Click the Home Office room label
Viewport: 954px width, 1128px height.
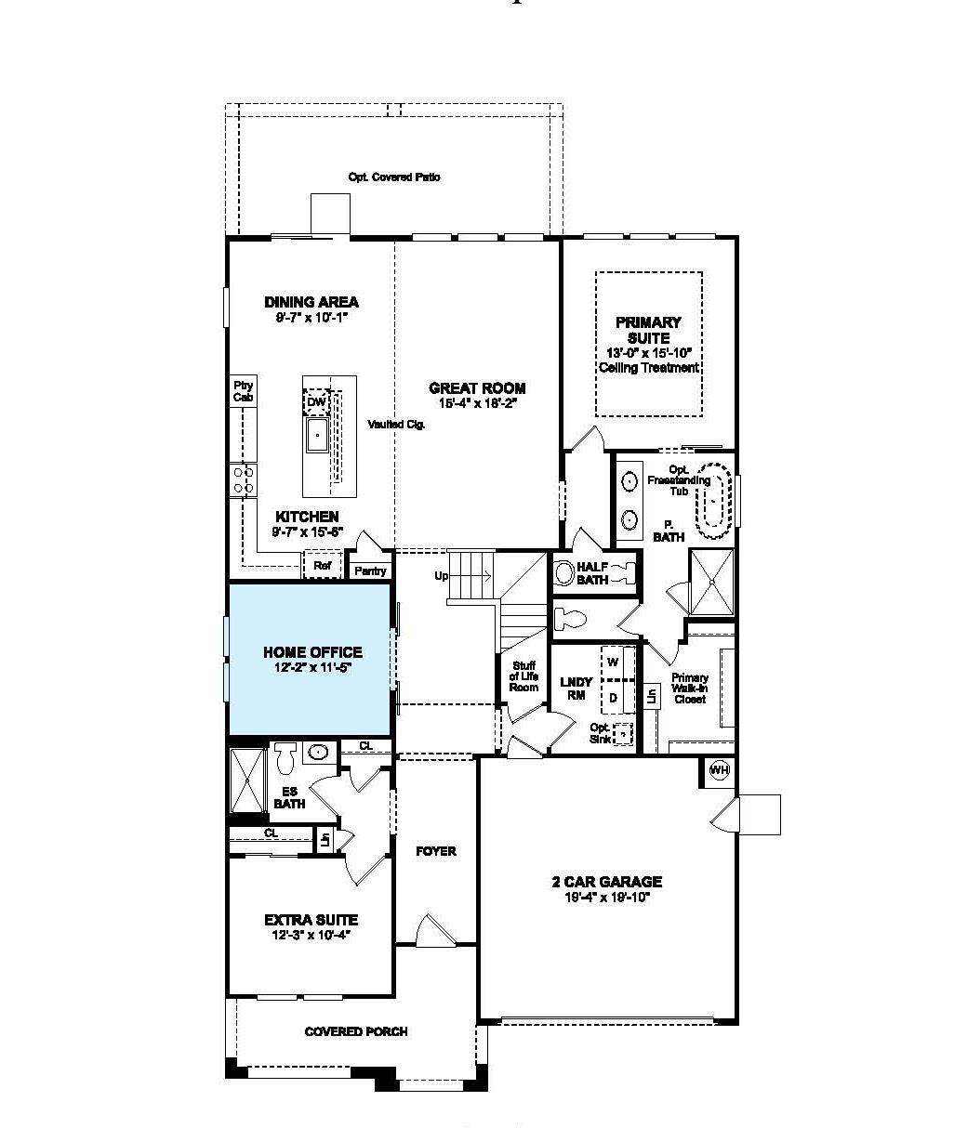point(311,652)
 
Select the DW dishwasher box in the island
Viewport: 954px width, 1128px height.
point(316,401)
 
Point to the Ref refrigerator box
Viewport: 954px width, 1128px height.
point(323,565)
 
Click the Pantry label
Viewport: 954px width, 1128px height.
point(370,571)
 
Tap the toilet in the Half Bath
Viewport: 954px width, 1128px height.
point(564,573)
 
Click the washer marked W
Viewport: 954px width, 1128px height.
point(613,662)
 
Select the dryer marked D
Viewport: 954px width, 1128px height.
point(613,696)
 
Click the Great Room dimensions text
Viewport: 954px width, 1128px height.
point(477,403)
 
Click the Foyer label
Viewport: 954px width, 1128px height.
point(435,851)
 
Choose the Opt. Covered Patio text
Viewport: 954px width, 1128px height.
point(394,177)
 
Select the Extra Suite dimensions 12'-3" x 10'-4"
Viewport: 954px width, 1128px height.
point(311,935)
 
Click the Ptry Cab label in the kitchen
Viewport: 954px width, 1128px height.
point(243,391)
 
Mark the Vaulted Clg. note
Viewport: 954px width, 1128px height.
point(396,424)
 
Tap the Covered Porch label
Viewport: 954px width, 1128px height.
point(356,1031)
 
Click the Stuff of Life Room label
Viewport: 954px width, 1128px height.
point(523,675)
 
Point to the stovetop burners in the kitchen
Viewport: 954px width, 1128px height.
point(243,479)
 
